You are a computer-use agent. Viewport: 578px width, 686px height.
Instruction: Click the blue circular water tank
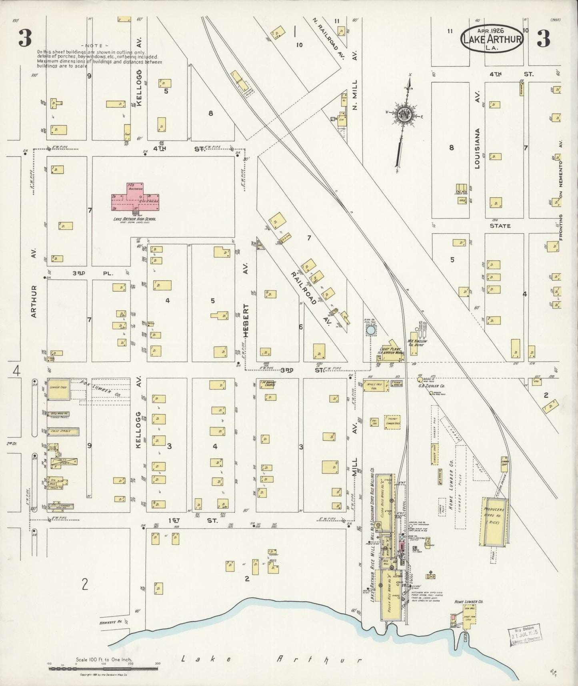point(371,331)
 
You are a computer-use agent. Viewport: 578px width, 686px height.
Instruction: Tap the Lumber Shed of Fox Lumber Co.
point(59,388)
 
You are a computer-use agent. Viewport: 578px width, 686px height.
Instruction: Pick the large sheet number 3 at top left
point(25,38)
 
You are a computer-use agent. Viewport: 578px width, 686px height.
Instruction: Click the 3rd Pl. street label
point(93,273)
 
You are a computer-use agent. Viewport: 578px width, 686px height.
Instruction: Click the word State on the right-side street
point(500,226)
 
